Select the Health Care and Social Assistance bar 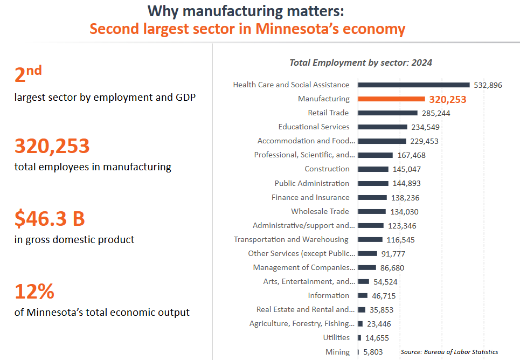pos(414,85)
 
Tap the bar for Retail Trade pos(387,113)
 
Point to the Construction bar pos(373,169)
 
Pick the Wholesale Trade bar pos(372,211)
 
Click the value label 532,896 pos(488,85)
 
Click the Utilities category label pos(336,338)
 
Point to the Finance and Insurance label pos(310,197)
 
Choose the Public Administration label pos(312,183)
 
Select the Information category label pos(329,295)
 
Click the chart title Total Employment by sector pos(360,63)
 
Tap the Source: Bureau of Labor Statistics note pos(449,352)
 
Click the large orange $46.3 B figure pos(50,219)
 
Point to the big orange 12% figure pos(34,292)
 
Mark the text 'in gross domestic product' pos(74,239)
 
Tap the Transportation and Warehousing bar pos(370,239)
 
